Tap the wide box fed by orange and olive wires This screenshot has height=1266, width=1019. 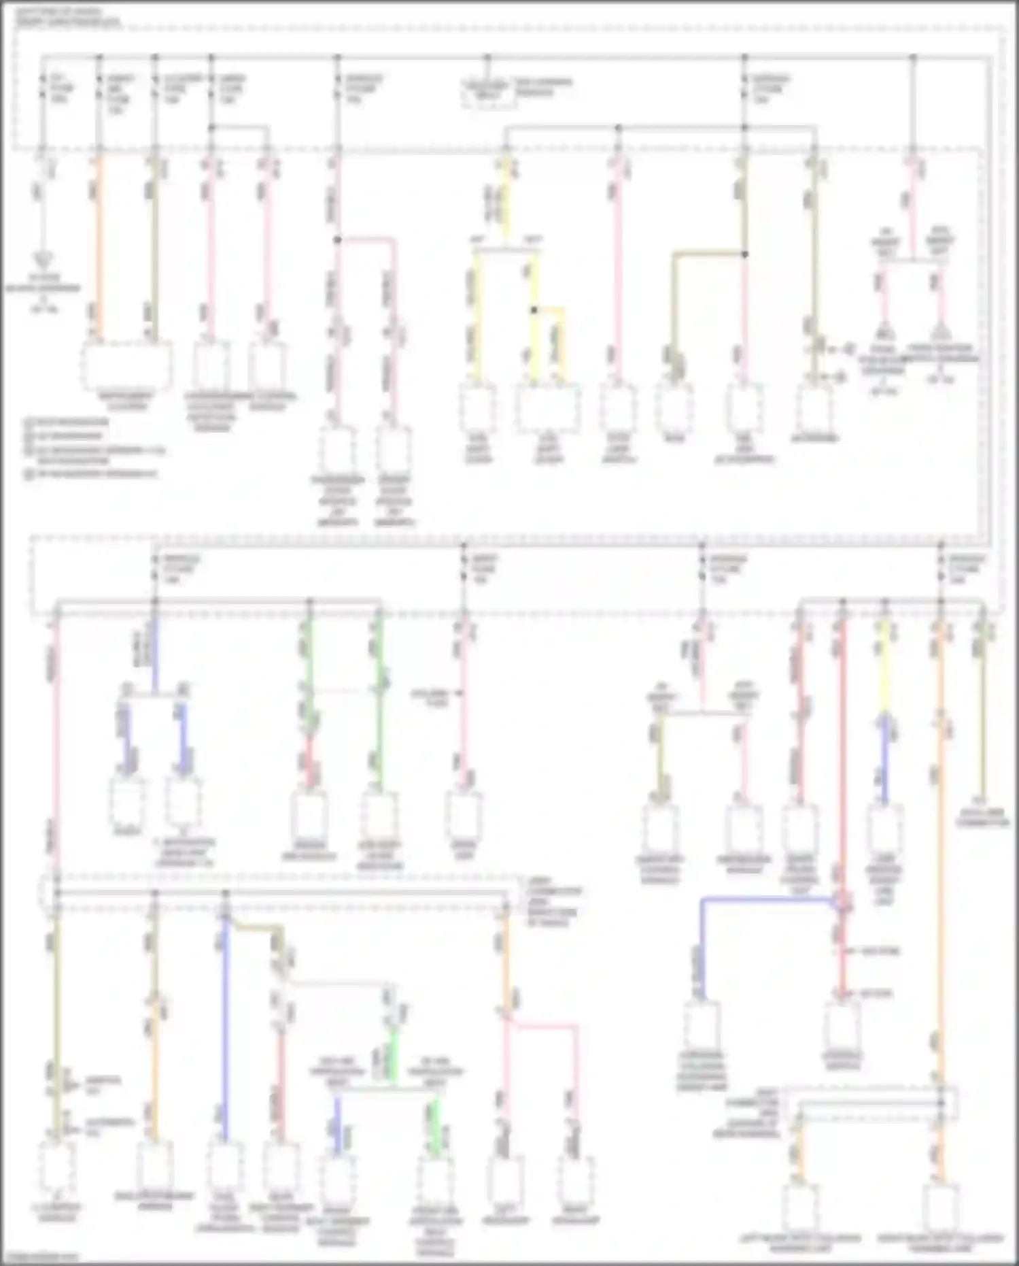tap(126, 366)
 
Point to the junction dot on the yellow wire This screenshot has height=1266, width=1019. tap(534, 310)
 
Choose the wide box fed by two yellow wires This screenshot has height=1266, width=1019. tap(548, 408)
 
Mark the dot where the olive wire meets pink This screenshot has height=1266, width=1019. tap(744, 254)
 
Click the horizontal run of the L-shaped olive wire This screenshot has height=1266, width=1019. tap(707, 254)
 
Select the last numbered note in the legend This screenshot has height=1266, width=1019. tap(92, 473)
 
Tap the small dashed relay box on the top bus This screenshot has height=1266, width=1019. tap(486, 92)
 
